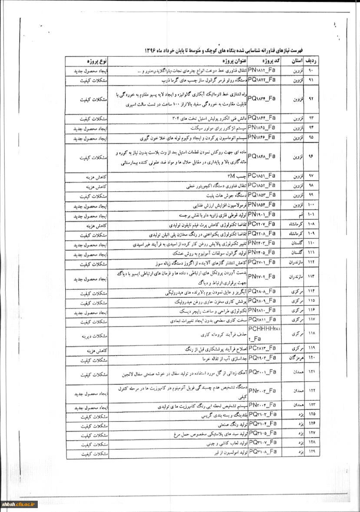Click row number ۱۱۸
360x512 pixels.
coord(313,334)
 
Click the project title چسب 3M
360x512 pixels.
coord(236,176)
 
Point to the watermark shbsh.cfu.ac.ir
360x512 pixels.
coord(20,504)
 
